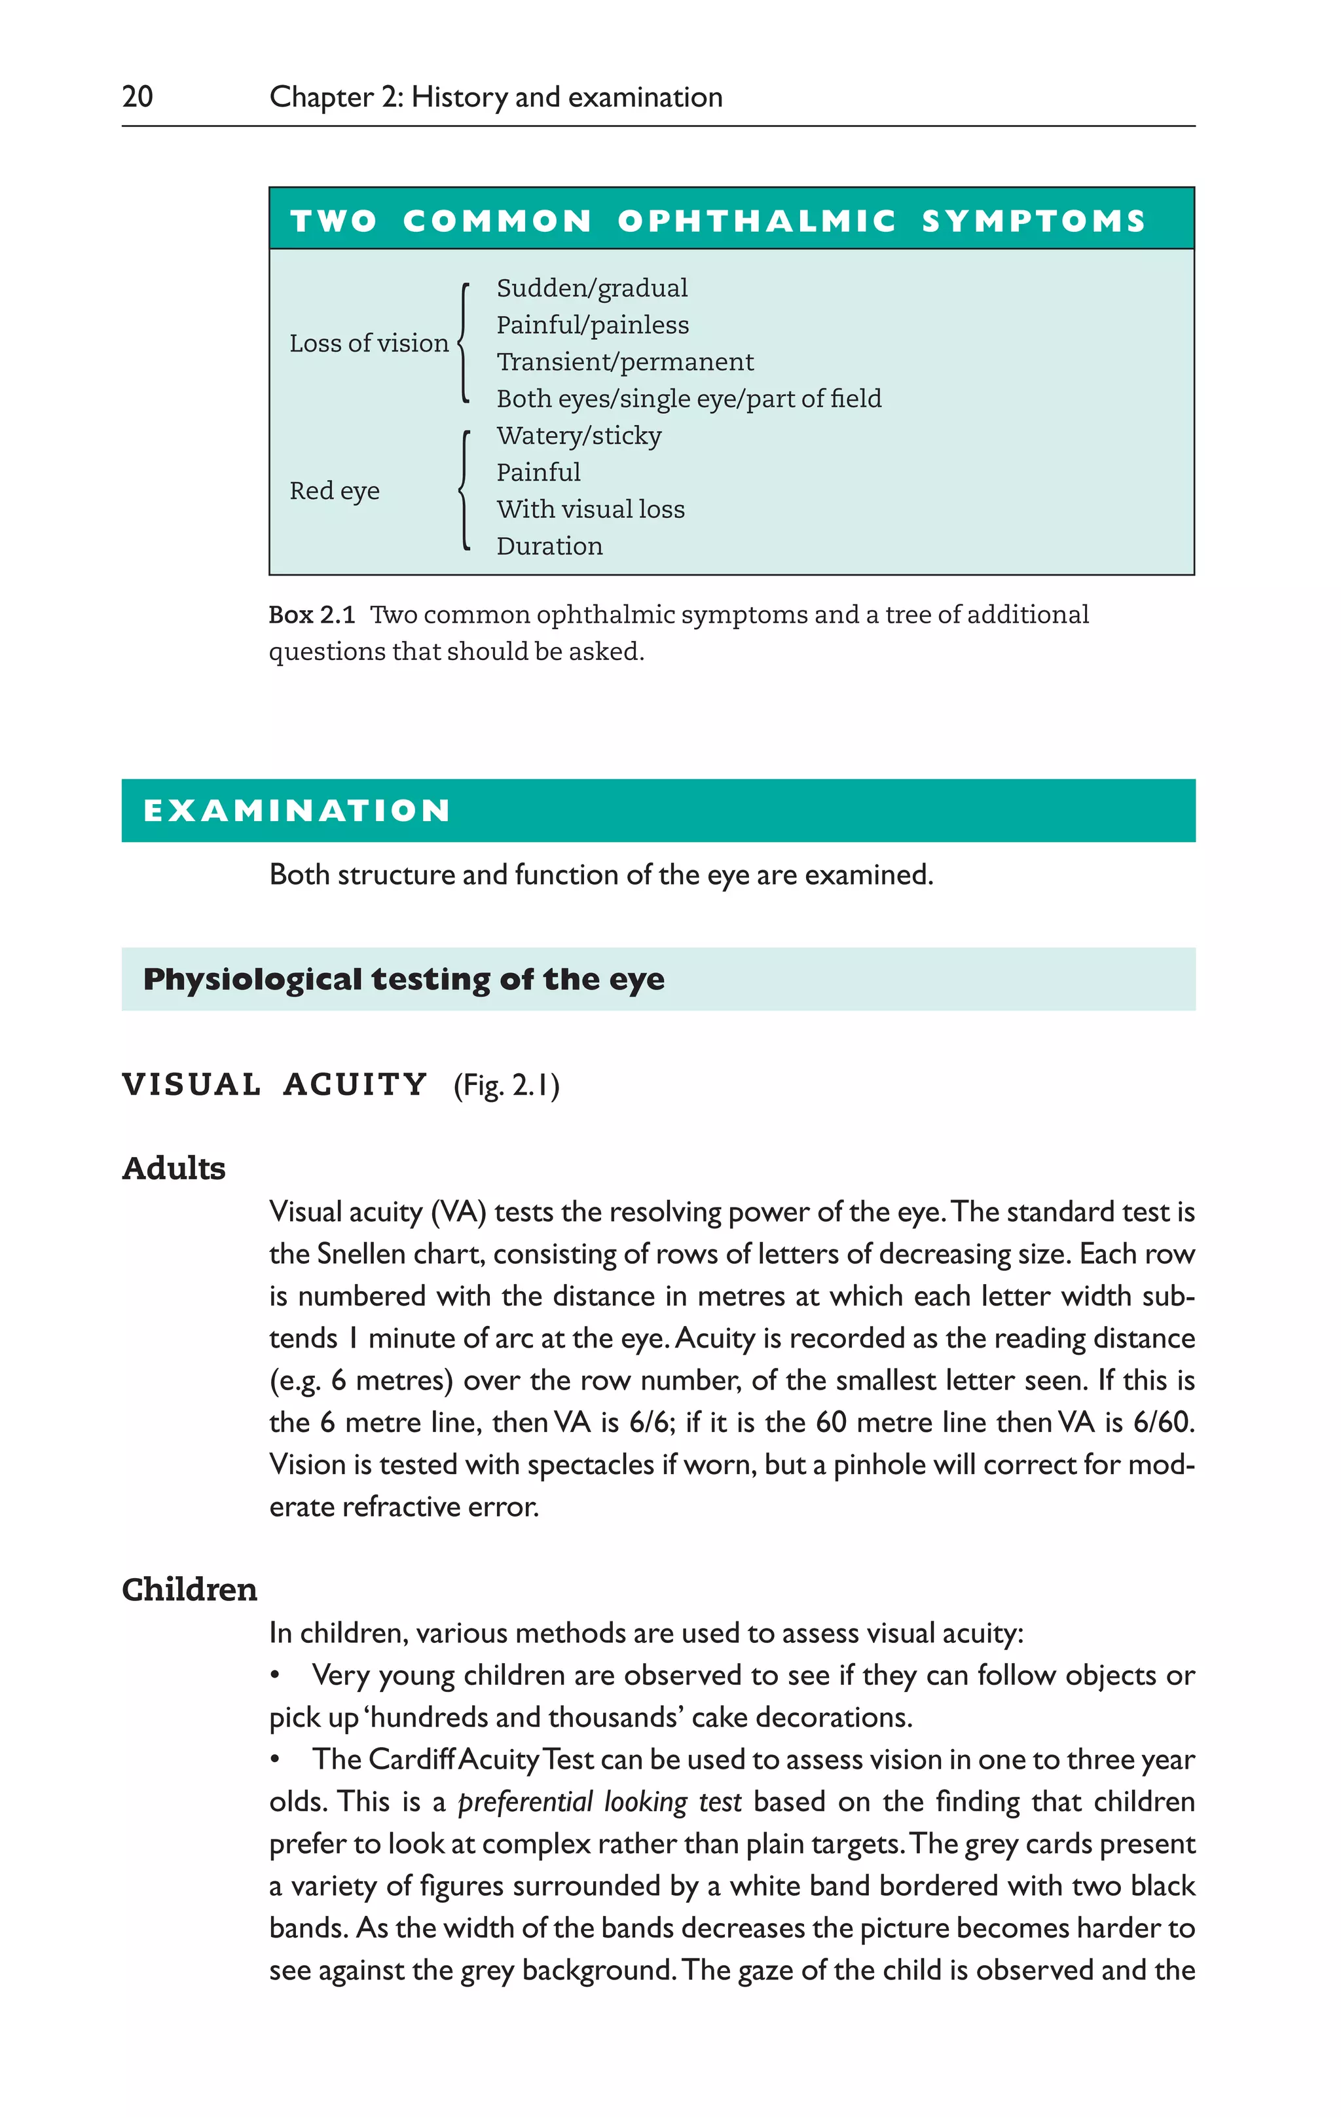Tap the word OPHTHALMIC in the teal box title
point(756,221)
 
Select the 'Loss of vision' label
point(369,343)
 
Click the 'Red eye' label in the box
point(334,490)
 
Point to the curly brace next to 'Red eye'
point(464,490)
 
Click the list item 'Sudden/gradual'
point(592,288)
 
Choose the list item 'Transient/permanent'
point(624,362)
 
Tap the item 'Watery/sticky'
point(579,436)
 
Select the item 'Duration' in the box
point(549,546)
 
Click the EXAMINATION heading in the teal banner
point(297,811)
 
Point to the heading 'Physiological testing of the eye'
point(403,980)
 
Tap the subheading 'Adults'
point(174,1168)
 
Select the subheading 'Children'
point(189,1589)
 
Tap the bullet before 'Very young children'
point(275,1676)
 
